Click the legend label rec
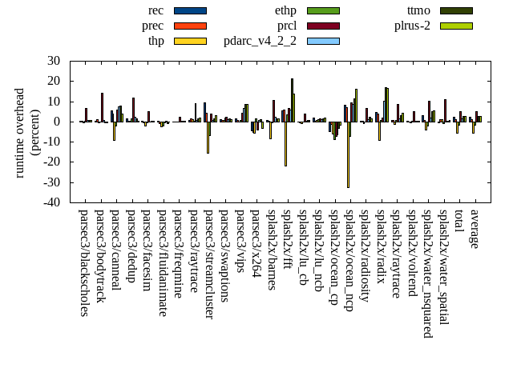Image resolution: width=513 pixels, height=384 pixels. coord(156,10)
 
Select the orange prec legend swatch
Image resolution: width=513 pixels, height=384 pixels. coord(190,26)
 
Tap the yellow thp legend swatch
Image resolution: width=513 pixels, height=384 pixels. coord(190,41)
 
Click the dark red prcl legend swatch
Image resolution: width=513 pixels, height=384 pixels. coord(323,26)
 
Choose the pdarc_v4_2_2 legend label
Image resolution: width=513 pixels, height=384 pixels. coord(260,41)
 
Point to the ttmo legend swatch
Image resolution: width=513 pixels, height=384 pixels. coord(455,10)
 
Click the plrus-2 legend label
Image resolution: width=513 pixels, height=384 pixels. coord(412,26)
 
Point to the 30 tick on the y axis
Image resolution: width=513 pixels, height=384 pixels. coord(54,61)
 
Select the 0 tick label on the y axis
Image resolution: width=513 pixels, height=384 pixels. coord(57,122)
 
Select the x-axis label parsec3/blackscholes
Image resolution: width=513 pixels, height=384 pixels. coord(83,263)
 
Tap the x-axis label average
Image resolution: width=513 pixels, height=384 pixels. coord(474,229)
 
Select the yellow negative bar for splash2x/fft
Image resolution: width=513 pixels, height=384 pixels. coord(285,144)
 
